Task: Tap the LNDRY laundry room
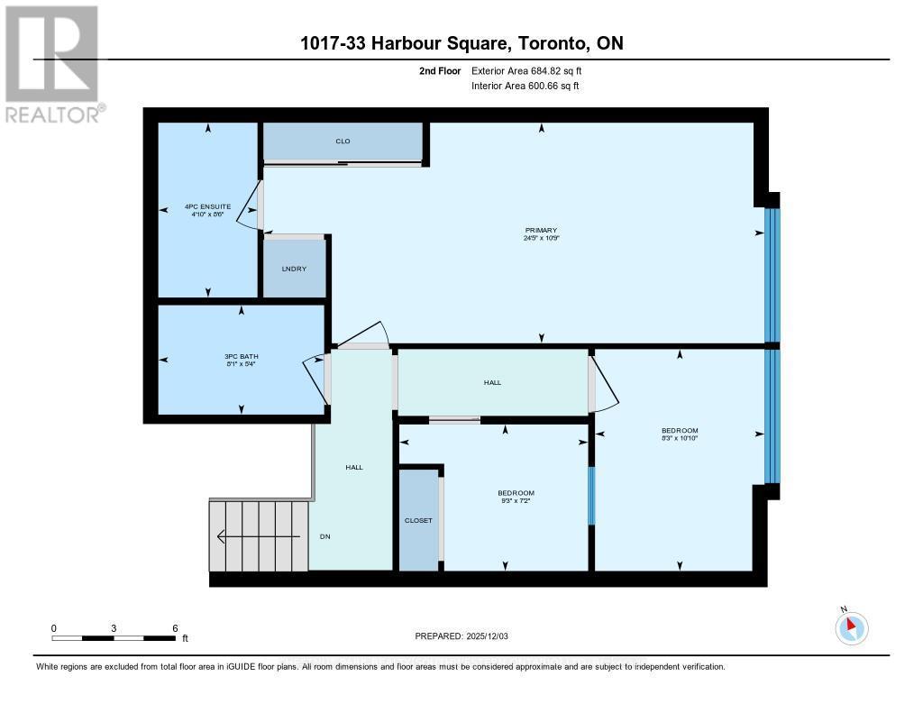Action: tap(294, 269)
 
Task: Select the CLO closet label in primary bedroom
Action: tap(343, 142)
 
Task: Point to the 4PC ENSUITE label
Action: tap(207, 206)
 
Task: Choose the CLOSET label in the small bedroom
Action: tap(418, 520)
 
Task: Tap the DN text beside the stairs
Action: tap(325, 536)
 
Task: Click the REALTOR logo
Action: tap(53, 63)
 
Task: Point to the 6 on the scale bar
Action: tap(175, 627)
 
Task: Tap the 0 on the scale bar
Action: tap(54, 627)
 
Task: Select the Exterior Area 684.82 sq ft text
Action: tap(533, 70)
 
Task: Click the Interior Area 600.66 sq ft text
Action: tap(525, 86)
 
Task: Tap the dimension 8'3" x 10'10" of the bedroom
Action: tap(680, 438)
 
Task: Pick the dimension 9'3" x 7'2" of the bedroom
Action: tap(516, 501)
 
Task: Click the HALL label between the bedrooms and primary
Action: tap(492, 382)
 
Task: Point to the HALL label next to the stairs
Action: tap(354, 467)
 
